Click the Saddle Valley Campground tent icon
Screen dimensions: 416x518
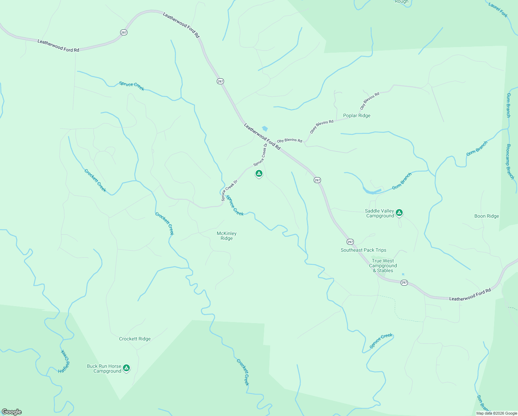[x=399, y=213]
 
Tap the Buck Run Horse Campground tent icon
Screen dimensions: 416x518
[x=126, y=368]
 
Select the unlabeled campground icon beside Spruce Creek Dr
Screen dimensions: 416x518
[x=259, y=173]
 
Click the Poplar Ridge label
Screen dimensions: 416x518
[x=357, y=115]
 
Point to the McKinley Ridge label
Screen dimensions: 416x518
[x=226, y=236]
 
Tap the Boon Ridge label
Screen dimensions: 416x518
[x=486, y=216]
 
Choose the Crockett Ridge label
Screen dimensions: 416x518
[x=135, y=339]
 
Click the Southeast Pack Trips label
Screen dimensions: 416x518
[x=363, y=250]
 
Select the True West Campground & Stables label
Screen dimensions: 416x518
[x=383, y=266]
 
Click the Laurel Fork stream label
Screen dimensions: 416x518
[x=498, y=10]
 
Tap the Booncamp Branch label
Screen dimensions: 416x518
[x=510, y=162]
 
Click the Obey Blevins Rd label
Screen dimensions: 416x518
[x=322, y=127]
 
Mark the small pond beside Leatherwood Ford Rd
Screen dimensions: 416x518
[x=265, y=129]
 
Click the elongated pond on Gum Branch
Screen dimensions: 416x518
[x=372, y=190]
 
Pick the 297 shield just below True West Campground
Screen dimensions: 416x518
[x=404, y=283]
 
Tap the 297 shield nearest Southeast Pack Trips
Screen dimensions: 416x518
[x=350, y=242]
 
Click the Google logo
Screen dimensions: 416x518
[x=12, y=411]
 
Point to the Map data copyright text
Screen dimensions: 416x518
[x=496, y=413]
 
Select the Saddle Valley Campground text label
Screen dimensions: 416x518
[x=379, y=213]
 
